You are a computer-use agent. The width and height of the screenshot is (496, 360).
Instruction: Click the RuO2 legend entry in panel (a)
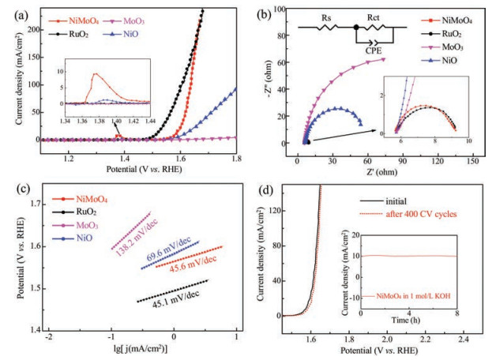point(87,36)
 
